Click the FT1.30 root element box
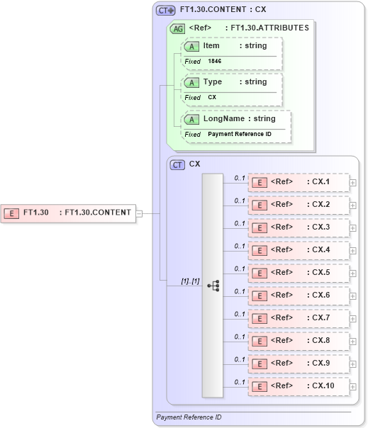(68, 212)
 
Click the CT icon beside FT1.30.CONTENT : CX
(165, 11)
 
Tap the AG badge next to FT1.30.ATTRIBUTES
(177, 28)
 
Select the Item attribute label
(211, 45)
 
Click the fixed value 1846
(215, 62)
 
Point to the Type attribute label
(213, 81)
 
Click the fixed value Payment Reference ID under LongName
(240, 134)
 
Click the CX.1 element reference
(298, 182)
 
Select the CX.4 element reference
(298, 250)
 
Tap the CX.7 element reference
(298, 318)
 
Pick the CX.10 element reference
(298, 385)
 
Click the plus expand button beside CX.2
(353, 205)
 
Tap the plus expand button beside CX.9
(353, 364)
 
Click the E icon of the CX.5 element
(260, 273)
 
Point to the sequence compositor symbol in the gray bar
(213, 285)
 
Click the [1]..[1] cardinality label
(189, 281)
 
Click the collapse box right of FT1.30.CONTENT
(139, 212)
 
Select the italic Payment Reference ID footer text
(189, 417)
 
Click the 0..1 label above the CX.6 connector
(240, 291)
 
